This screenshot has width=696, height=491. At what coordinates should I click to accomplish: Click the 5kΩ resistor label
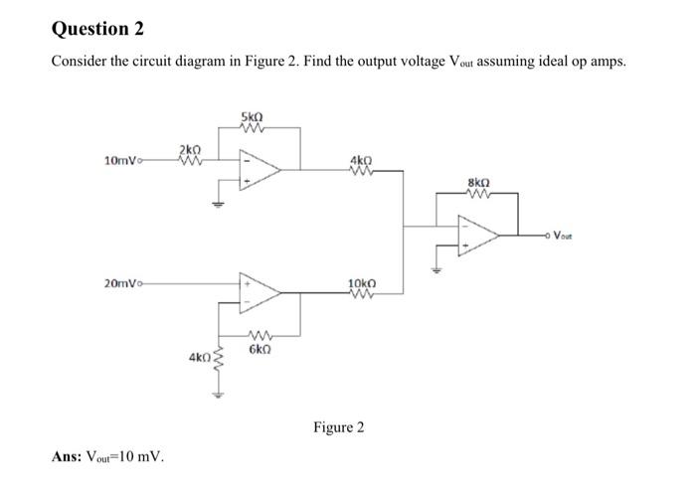coord(252,119)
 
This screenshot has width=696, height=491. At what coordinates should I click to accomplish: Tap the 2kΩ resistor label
coord(189,148)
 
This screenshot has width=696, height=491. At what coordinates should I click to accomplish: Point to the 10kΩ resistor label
coord(362,283)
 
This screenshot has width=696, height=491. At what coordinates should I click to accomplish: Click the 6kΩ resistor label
coord(261,350)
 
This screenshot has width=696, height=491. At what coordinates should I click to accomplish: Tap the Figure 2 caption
coord(338,427)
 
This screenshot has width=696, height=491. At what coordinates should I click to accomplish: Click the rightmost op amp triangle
coord(479,237)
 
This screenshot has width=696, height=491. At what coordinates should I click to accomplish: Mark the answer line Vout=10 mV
coord(109,457)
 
